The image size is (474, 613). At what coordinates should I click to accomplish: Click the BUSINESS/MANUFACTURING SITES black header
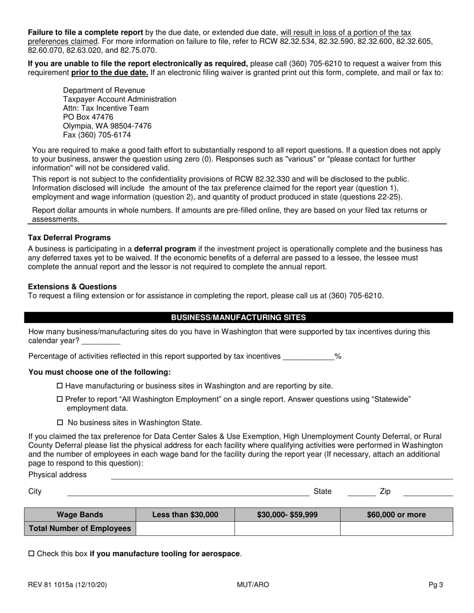(x=238, y=317)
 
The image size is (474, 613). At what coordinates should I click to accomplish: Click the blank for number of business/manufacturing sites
(x=100, y=341)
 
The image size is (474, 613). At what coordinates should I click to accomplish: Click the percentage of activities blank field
(x=308, y=356)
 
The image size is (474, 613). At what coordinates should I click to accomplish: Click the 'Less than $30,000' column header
(x=185, y=515)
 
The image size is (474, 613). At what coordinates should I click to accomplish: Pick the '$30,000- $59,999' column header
(x=287, y=515)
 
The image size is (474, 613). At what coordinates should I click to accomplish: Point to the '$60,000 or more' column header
(x=396, y=515)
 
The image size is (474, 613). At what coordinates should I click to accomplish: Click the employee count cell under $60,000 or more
(x=396, y=528)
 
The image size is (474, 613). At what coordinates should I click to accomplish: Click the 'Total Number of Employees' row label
(x=80, y=528)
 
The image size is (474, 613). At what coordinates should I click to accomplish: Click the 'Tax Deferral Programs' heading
(x=69, y=238)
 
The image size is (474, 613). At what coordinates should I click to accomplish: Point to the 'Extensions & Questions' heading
(x=72, y=287)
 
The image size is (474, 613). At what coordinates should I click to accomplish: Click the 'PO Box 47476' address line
(x=88, y=117)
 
